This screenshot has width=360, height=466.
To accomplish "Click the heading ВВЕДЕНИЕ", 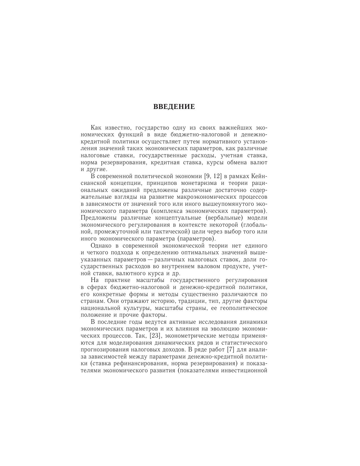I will click(x=174, y=107).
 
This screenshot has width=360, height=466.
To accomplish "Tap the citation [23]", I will click(x=154, y=336).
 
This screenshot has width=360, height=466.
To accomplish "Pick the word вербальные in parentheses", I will click(x=224, y=218).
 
